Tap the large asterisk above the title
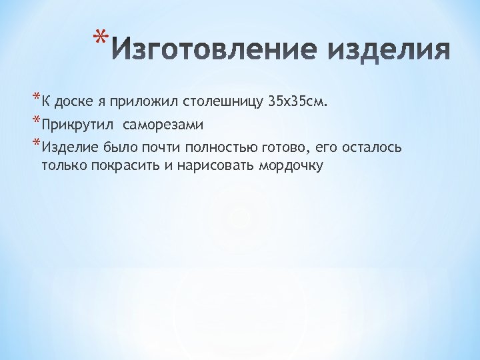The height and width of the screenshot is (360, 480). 99,37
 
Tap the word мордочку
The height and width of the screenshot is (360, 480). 289,165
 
